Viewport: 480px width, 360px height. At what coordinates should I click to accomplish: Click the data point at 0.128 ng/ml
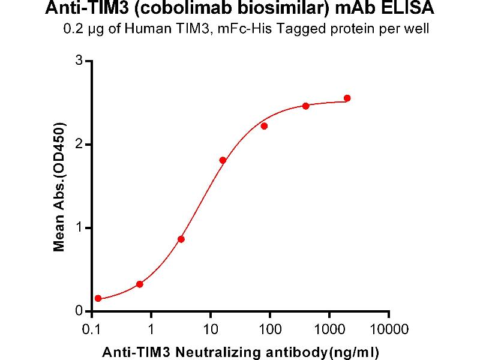pyautogui.click(x=98, y=298)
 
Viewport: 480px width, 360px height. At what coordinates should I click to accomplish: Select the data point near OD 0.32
pyautogui.click(x=140, y=284)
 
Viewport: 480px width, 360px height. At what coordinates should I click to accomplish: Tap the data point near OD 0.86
pyautogui.click(x=181, y=239)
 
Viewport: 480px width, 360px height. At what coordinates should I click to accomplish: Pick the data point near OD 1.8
pyautogui.click(x=223, y=160)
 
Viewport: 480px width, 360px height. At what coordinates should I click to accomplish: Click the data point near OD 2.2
pyautogui.click(x=264, y=126)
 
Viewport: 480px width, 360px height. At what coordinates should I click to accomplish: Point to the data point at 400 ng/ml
pyautogui.click(x=305, y=106)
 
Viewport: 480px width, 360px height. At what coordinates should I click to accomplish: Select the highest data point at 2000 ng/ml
pyautogui.click(x=347, y=98)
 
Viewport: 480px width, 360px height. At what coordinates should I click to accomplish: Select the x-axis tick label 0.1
pyautogui.click(x=91, y=329)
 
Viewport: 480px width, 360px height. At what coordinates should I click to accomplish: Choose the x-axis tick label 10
pyautogui.click(x=210, y=329)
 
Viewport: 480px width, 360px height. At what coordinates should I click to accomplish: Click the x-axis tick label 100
pyautogui.click(x=269, y=329)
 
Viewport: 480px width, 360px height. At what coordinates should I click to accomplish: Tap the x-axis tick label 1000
pyautogui.click(x=329, y=329)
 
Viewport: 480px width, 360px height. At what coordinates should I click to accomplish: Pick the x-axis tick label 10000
pyautogui.click(x=388, y=329)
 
